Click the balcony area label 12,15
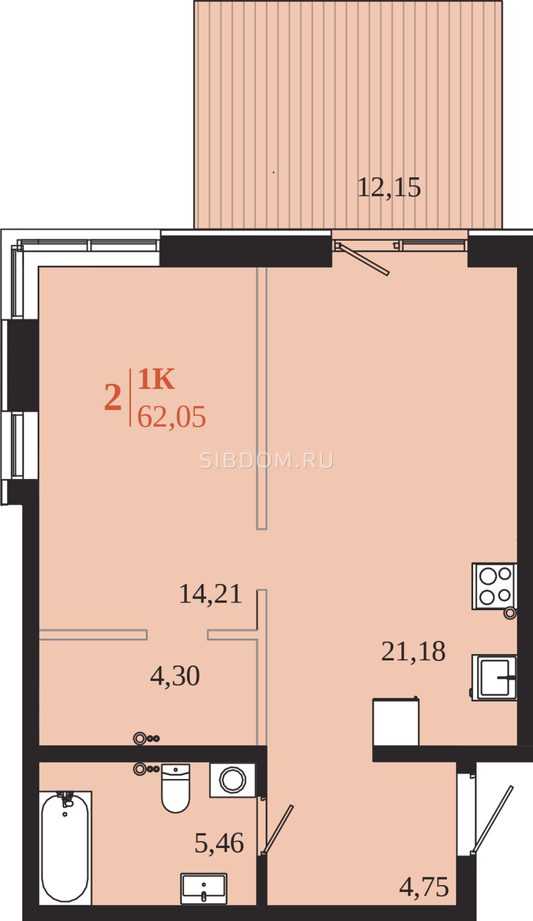389,188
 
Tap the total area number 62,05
171,417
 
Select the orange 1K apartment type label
156,379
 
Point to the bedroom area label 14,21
210,594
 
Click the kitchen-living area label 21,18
413,652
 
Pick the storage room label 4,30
175,676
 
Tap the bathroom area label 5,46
219,843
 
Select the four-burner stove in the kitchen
495,586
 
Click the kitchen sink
495,677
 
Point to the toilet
176,788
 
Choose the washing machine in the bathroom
232,780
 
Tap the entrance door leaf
492,819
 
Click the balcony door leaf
363,259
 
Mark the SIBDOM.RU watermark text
267,461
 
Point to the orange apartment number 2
113,398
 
